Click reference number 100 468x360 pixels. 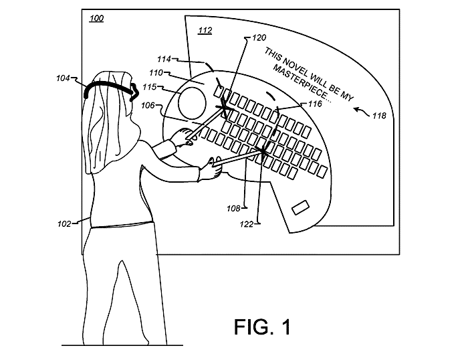point(96,18)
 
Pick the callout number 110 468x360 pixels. point(156,72)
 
